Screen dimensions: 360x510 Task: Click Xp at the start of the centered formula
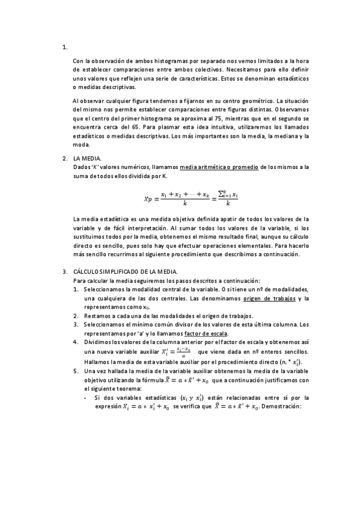pyautogui.click(x=148, y=198)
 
